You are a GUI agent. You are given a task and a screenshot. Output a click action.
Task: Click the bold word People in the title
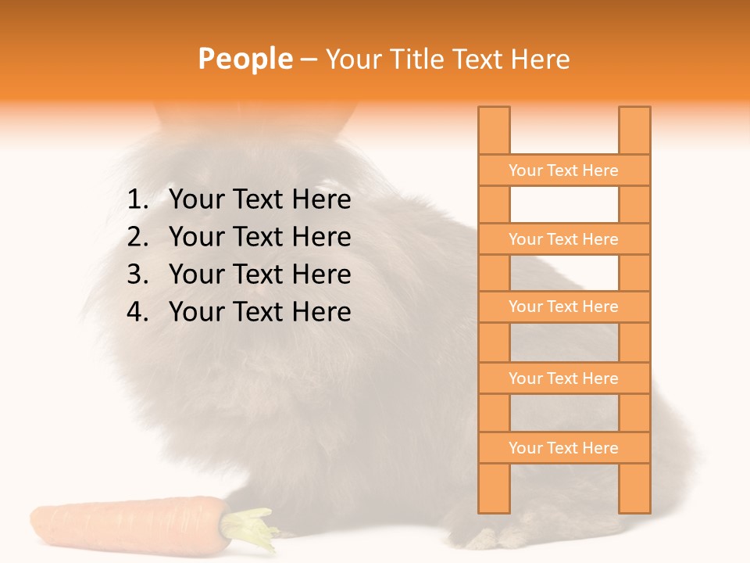pos(245,59)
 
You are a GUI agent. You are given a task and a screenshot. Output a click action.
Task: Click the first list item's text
pos(259,200)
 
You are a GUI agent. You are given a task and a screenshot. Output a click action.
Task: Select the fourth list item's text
pos(259,312)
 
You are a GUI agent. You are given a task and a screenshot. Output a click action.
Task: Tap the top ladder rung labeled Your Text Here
pos(563,170)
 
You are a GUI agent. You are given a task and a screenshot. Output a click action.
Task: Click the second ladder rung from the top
pos(563,239)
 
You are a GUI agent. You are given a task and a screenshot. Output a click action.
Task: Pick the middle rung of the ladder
pos(563,307)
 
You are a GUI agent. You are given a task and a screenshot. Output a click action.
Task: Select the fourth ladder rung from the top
pos(563,378)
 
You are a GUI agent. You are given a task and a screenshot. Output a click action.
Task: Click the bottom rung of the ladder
pos(563,448)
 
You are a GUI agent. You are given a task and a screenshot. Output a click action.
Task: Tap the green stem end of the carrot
pos(252,528)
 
